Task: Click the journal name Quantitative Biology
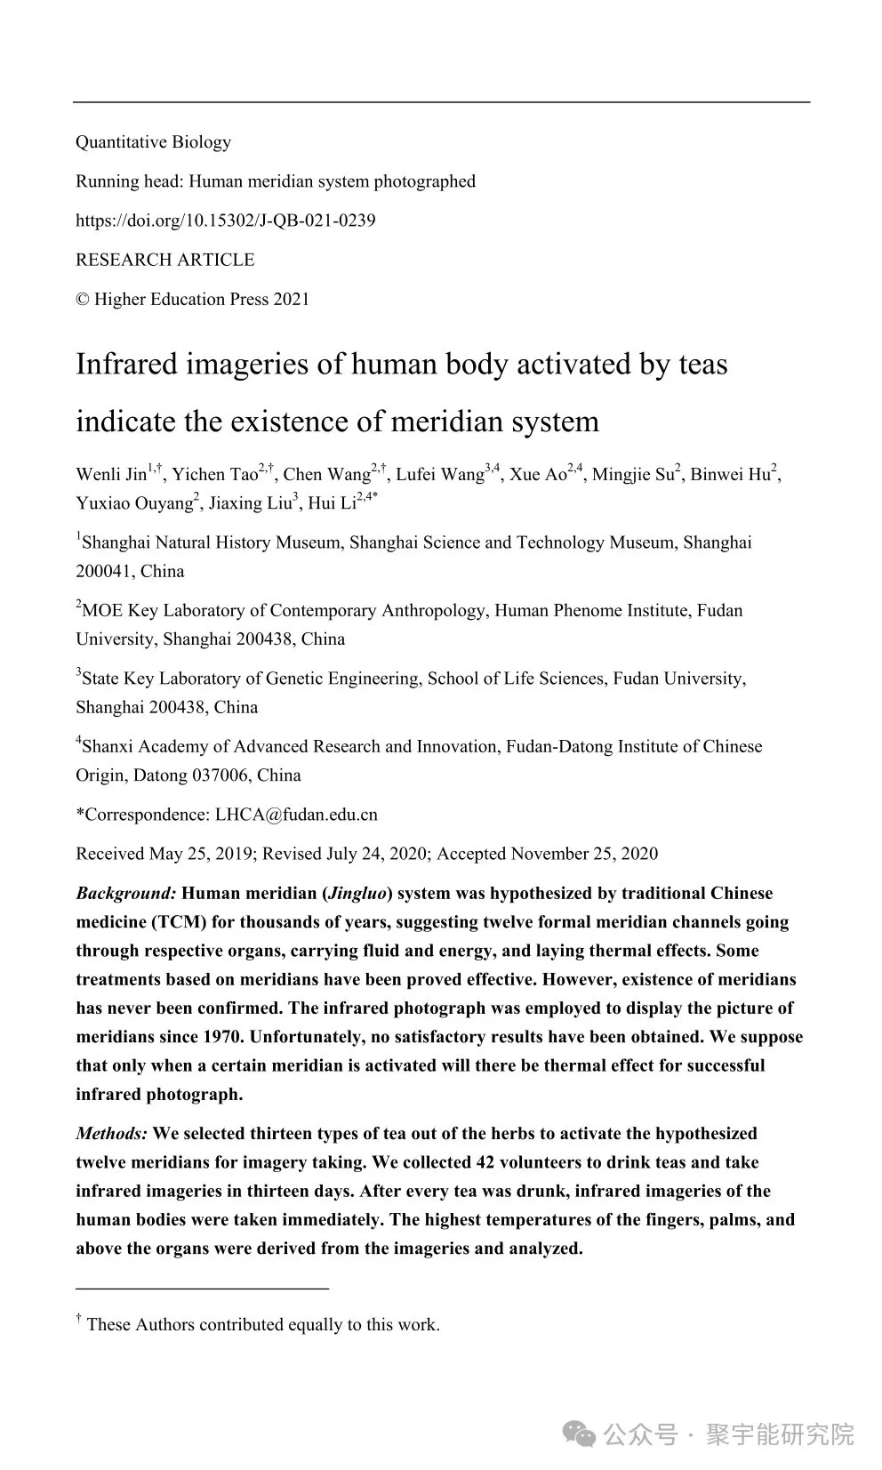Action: click(x=153, y=142)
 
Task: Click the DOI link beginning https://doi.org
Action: click(x=225, y=221)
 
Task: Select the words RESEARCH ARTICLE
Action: click(x=164, y=260)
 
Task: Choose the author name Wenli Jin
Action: click(x=111, y=474)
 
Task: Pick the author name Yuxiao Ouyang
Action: click(x=134, y=503)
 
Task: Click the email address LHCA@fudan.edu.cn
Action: click(x=296, y=815)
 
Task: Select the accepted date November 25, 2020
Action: click(x=584, y=854)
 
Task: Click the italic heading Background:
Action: click(x=126, y=893)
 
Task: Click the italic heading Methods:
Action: click(x=112, y=1134)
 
